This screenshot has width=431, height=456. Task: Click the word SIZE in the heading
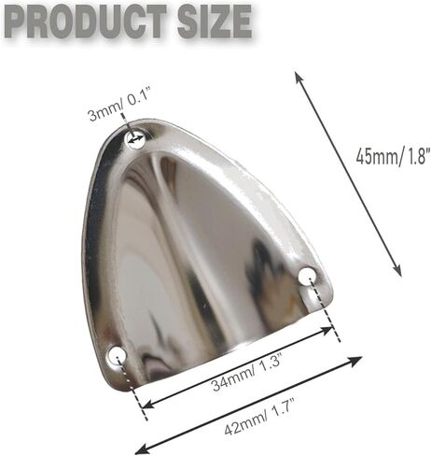click(x=215, y=21)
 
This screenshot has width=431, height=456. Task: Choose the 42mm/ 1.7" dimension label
click(x=259, y=418)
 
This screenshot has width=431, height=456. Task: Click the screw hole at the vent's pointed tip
click(x=135, y=139)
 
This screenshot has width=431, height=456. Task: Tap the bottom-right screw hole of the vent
click(x=307, y=275)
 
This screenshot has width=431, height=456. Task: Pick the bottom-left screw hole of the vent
click(x=118, y=356)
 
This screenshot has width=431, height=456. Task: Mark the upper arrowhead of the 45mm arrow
click(x=299, y=78)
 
